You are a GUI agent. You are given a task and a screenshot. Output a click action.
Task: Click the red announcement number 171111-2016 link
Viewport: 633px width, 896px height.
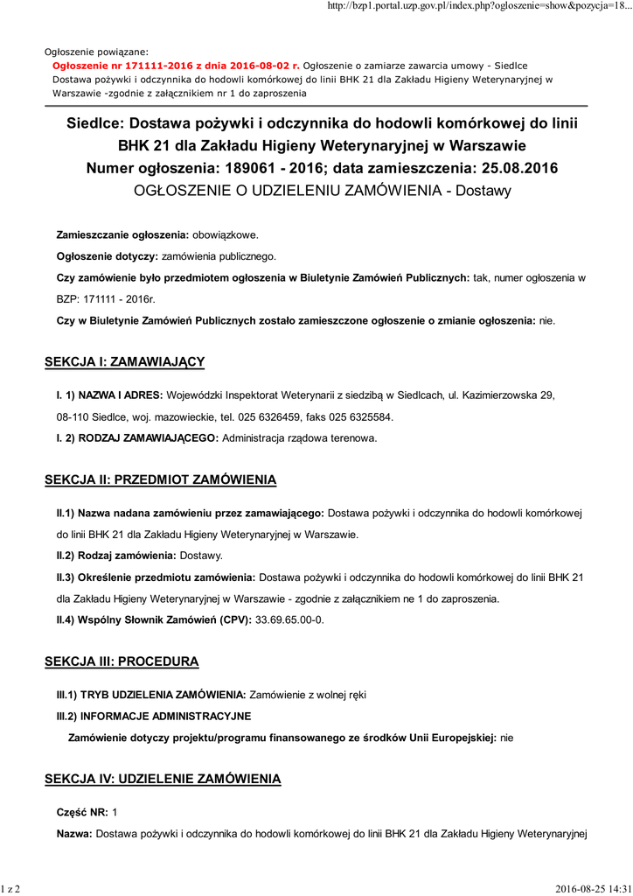[x=176, y=66]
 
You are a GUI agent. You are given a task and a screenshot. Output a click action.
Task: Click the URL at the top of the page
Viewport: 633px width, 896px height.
[x=477, y=7]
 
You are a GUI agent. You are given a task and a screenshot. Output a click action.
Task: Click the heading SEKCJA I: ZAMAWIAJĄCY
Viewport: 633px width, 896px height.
[x=124, y=361]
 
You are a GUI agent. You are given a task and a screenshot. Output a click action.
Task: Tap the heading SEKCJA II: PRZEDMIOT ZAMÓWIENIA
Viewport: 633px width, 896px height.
[x=160, y=479]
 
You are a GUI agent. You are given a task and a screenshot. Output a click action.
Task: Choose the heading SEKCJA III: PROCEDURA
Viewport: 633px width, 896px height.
[x=122, y=661]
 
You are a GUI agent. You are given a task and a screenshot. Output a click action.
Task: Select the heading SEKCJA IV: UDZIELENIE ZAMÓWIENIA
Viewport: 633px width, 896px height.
[x=163, y=778]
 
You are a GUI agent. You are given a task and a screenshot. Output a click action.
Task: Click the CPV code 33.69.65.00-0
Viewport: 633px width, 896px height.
[x=289, y=620]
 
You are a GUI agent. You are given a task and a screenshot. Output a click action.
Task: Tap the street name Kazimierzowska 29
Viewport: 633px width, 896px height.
[x=504, y=395]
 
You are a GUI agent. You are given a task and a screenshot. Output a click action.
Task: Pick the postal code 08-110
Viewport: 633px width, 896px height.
[x=75, y=416]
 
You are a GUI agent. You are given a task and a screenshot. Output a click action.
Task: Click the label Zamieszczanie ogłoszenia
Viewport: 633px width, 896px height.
[x=122, y=235]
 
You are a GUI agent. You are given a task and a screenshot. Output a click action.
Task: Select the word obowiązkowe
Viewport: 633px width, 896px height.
[x=225, y=235]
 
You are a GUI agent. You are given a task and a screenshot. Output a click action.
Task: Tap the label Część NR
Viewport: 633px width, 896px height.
[x=82, y=813]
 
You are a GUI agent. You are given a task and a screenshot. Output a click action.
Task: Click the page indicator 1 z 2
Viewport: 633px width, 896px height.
[x=11, y=889]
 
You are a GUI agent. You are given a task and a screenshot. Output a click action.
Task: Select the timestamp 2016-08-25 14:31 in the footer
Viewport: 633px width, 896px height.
[x=593, y=889]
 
